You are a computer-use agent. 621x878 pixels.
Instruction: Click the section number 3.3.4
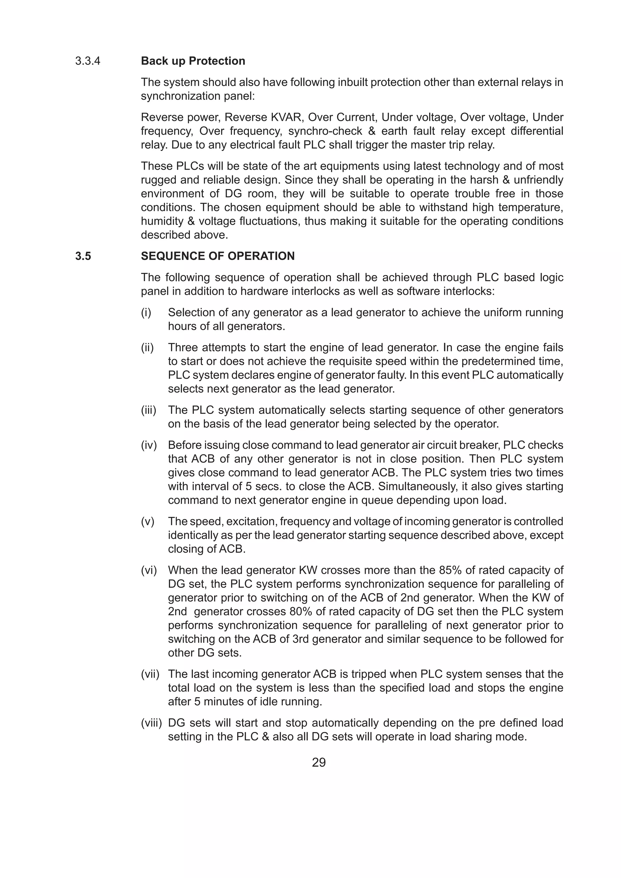coord(88,61)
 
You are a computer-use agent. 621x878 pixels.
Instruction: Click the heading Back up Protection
coord(193,61)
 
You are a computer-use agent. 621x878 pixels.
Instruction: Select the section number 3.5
coord(83,256)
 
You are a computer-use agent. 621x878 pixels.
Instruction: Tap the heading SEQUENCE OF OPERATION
coord(218,256)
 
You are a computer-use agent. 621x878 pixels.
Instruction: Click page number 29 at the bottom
coord(319,763)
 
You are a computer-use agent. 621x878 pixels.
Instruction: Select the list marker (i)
coord(146,313)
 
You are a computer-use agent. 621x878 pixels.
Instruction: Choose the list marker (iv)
coord(149,445)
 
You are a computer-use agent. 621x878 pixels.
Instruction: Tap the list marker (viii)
coord(151,723)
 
